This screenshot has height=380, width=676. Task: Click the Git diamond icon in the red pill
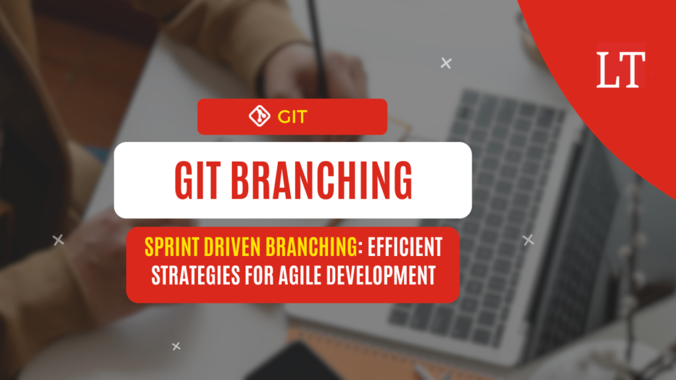[x=259, y=116]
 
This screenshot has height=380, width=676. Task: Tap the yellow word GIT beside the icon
[x=292, y=117]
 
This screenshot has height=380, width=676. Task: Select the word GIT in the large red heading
[x=198, y=181]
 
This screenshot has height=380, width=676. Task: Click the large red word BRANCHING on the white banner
[x=321, y=181]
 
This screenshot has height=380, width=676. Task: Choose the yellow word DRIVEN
[x=233, y=247]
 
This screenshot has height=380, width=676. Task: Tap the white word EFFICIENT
[x=405, y=247]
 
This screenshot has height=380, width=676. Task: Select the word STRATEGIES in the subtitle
[x=195, y=275]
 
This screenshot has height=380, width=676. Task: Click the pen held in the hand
[x=318, y=47]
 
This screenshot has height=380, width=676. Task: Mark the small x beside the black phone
[x=176, y=346]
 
